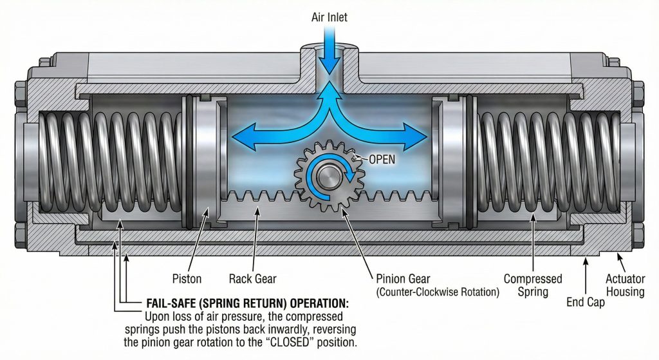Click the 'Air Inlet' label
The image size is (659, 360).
click(330, 17)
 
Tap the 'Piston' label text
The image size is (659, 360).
click(187, 279)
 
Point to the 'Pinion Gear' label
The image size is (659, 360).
click(404, 279)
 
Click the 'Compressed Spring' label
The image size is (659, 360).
click(533, 285)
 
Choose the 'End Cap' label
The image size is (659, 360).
click(585, 301)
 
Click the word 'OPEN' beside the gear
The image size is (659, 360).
click(381, 158)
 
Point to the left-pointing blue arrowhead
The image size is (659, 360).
click(241, 137)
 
